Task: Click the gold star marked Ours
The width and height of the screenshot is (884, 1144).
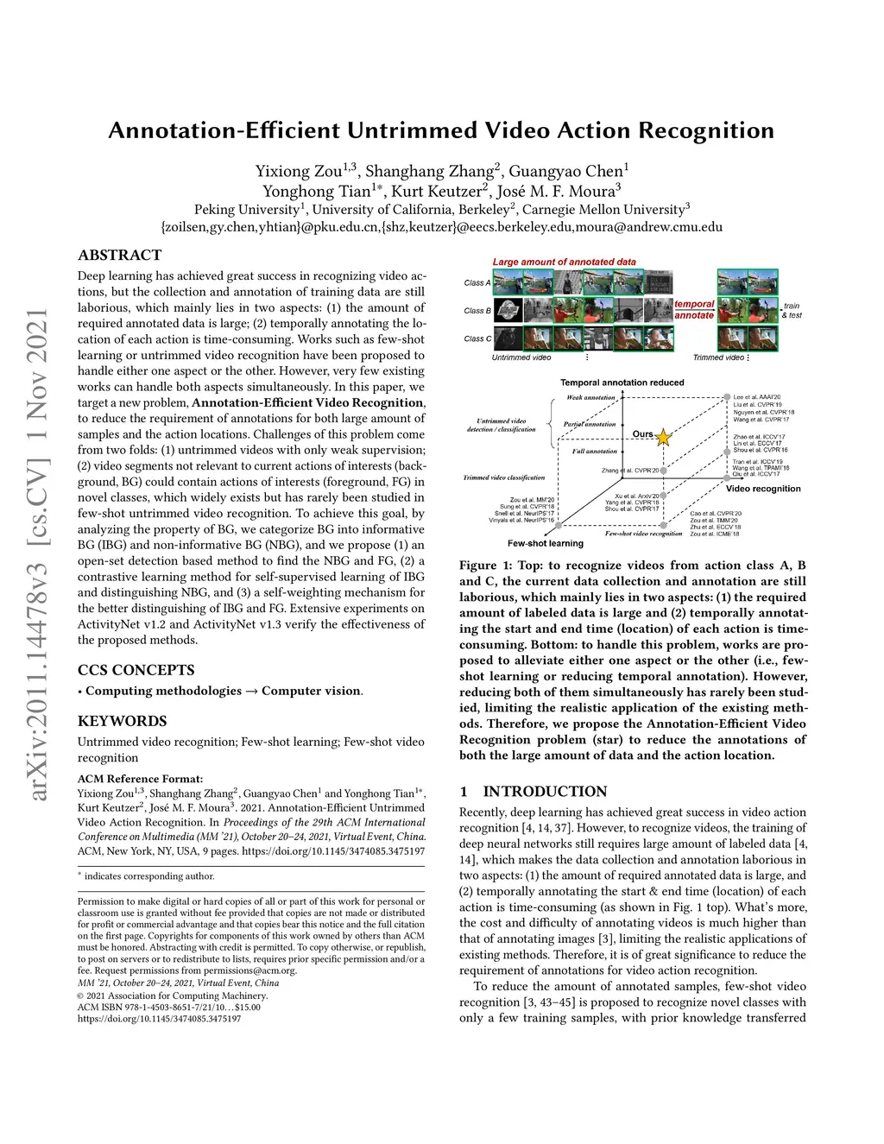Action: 663,438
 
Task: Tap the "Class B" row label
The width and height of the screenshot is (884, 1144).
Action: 477,311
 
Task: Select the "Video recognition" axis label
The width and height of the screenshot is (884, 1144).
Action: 763,489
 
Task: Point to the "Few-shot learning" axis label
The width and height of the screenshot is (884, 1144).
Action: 546,544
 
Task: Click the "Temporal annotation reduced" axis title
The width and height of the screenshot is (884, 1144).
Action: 622,382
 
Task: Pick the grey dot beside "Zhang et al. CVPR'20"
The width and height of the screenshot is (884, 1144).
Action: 664,471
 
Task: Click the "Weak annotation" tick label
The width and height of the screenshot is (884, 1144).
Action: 590,398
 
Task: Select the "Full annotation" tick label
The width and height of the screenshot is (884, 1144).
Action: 595,451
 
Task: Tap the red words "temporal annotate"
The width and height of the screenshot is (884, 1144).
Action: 694,310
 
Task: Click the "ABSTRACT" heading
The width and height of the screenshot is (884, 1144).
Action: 119,255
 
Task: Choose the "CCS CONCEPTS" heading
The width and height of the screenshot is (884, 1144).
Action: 136,670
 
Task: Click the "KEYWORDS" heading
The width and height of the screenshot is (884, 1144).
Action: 122,721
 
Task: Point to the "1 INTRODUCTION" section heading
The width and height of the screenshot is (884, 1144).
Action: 533,792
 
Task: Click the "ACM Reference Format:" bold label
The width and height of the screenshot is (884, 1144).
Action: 140,778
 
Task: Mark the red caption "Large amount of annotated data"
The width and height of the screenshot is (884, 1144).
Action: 564,262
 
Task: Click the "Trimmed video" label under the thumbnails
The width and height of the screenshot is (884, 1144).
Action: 718,357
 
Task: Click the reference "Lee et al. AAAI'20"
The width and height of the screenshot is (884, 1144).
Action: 756,397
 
